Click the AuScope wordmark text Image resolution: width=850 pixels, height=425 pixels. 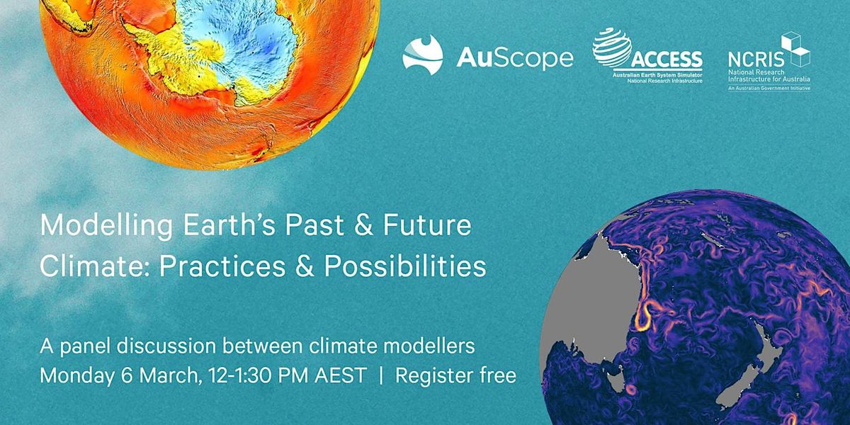point(515,57)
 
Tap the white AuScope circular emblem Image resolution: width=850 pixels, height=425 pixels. point(423,54)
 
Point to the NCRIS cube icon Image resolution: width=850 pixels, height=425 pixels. point(795,50)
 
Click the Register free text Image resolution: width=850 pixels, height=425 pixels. point(455,375)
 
